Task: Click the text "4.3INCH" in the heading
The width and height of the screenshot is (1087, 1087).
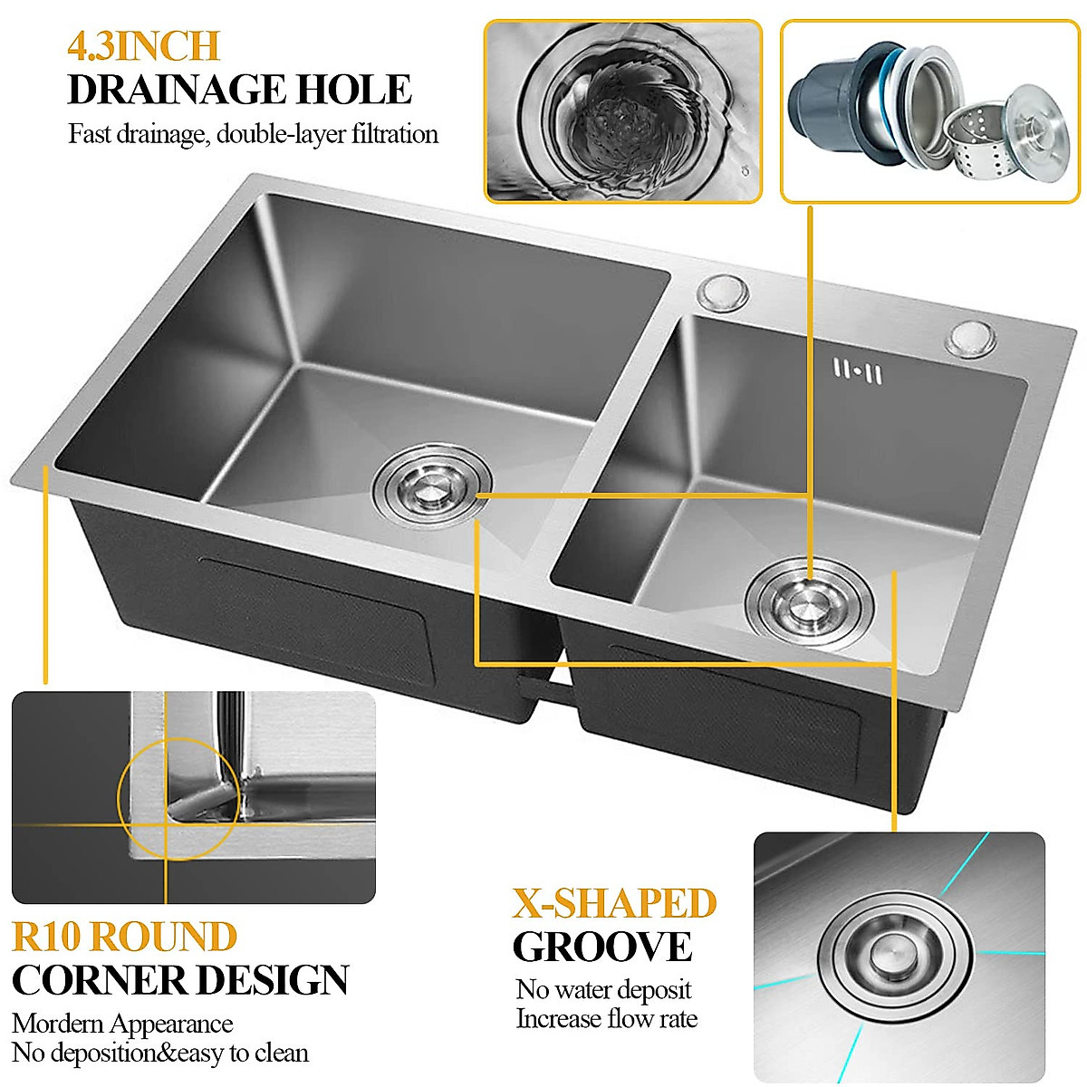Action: pyautogui.click(x=143, y=46)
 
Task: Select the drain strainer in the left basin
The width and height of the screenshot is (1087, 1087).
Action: pyautogui.click(x=432, y=485)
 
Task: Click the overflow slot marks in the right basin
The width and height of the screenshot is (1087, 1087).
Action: pyautogui.click(x=857, y=371)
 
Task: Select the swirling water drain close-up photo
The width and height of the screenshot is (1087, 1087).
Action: pyautogui.click(x=623, y=111)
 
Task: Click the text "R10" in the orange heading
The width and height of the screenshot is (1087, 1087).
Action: pyautogui.click(x=47, y=937)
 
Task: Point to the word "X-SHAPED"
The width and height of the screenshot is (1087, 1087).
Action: pyautogui.click(x=615, y=903)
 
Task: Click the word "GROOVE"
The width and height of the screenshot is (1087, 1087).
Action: pyautogui.click(x=602, y=948)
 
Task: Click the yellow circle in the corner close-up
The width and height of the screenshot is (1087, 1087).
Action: pyautogui.click(x=178, y=798)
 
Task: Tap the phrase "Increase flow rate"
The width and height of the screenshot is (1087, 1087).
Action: pyautogui.click(x=607, y=1019)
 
